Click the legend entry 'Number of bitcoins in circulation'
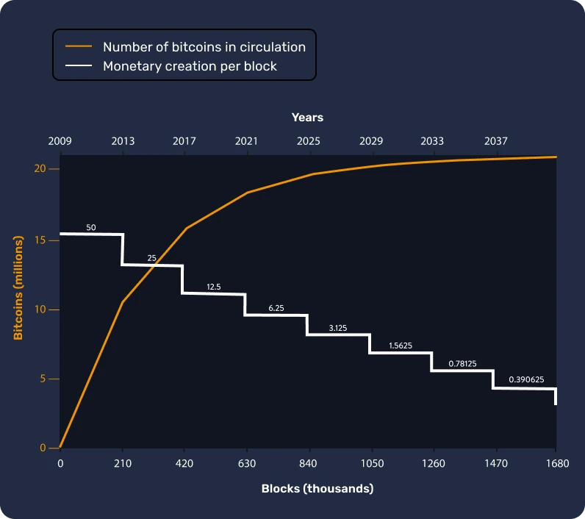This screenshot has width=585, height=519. click(204, 46)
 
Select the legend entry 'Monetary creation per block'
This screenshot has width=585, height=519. click(190, 66)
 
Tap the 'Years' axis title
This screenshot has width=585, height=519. click(307, 118)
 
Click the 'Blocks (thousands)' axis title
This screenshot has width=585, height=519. click(317, 489)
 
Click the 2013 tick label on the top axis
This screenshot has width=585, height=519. click(123, 141)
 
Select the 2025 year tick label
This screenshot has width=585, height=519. click(309, 141)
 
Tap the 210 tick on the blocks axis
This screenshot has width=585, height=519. click(123, 463)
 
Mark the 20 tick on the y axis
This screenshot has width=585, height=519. click(41, 169)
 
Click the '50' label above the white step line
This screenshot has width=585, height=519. click(91, 228)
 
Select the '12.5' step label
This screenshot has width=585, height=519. click(214, 287)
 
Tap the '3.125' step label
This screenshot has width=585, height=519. click(338, 328)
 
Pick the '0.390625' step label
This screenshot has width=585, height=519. click(526, 381)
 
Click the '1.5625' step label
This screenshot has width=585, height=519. click(401, 346)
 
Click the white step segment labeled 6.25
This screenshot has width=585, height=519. click(276, 315)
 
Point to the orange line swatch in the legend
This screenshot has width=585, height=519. click(79, 46)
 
